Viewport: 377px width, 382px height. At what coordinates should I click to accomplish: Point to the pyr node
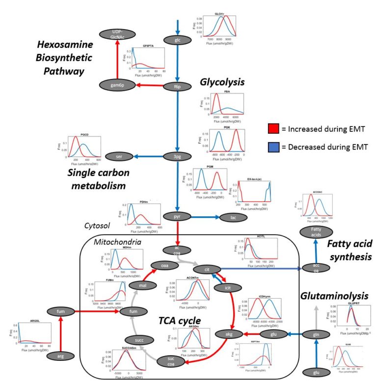[178, 216]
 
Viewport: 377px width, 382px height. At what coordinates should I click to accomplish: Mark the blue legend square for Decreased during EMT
[273, 147]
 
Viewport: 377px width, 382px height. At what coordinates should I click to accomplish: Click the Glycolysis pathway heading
[222, 82]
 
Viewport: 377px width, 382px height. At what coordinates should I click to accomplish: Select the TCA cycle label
[179, 320]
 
